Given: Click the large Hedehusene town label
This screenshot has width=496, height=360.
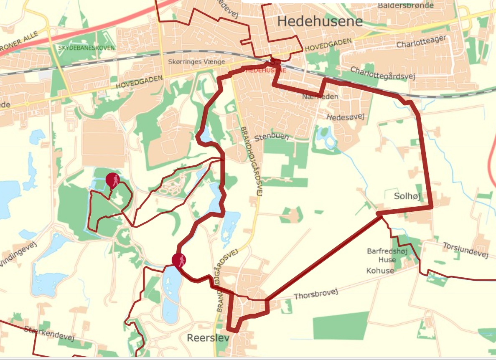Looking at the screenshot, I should [x=320, y=21].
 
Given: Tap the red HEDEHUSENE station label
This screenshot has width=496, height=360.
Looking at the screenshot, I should [x=266, y=71].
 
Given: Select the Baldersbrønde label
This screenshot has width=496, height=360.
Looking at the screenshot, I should [x=405, y=5].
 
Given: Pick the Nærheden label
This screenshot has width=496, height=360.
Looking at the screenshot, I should [x=320, y=96].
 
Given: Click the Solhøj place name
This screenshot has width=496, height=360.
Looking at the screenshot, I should [x=407, y=196].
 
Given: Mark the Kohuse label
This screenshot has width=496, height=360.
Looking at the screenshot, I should [x=380, y=271].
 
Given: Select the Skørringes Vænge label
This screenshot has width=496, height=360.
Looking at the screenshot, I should [x=196, y=62].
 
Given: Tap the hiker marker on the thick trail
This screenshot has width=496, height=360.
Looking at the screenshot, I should [x=179, y=260].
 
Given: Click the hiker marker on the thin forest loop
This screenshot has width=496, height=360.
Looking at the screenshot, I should [x=113, y=180].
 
